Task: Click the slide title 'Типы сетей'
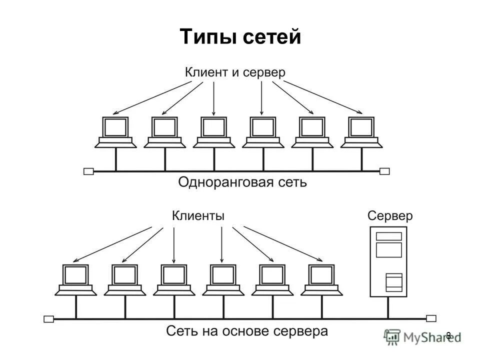pos(240,37)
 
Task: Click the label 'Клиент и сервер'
pos(235,72)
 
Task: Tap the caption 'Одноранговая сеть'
pos(242,182)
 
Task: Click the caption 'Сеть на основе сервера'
pos(247,331)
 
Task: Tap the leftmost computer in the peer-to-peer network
pos(115,132)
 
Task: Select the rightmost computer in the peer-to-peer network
pos(361,132)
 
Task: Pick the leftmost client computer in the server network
pos(75,279)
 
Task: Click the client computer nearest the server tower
pos(321,279)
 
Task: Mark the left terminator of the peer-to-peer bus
pos(88,171)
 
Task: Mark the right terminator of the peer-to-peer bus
pos(384,171)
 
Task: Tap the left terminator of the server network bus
pos(48,318)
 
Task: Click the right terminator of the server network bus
pos(431,318)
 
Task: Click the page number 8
pos(448,335)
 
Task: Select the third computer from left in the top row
pos(214,132)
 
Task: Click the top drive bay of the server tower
pos(388,236)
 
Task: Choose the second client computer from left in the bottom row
pos(124,279)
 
